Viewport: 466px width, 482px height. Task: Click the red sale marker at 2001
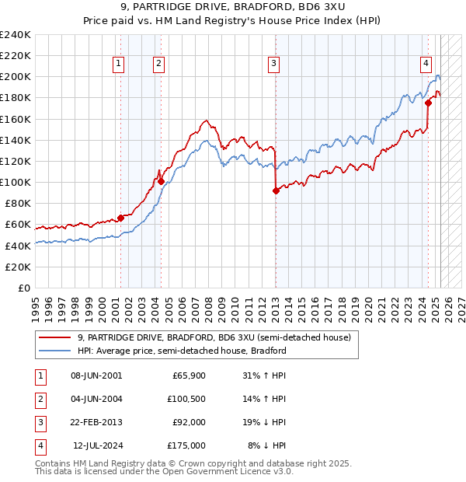tap(120, 218)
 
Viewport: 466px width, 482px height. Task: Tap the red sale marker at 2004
tap(161, 181)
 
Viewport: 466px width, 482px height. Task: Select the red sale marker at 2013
tap(275, 190)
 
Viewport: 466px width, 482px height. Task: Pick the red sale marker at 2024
tap(428, 102)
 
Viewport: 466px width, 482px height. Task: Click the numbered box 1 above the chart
tap(119, 65)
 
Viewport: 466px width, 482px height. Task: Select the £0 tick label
tap(23, 288)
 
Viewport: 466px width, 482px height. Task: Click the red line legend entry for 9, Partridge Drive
tap(214, 337)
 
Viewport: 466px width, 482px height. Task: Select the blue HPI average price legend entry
tap(182, 351)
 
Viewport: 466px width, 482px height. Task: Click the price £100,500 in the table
tap(187, 400)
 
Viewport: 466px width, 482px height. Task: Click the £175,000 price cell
tap(187, 445)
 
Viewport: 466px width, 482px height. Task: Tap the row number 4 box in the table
tap(39, 445)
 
